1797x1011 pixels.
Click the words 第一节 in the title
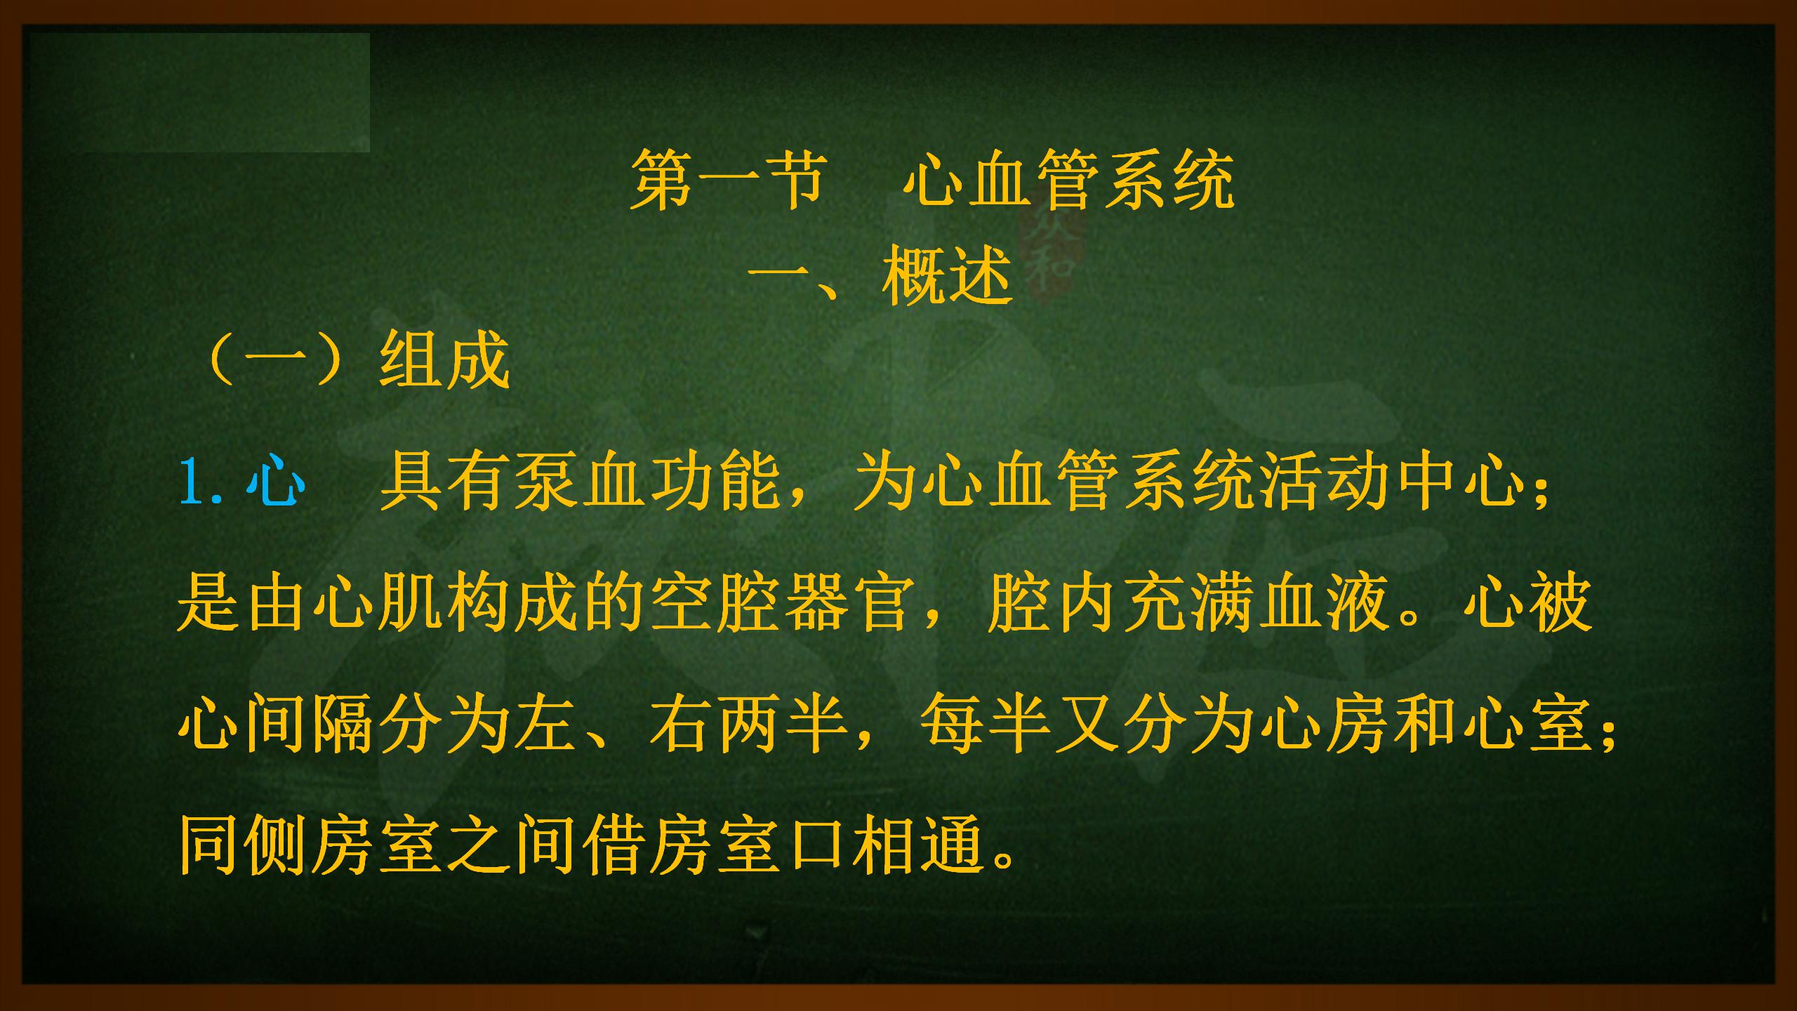pos(727,181)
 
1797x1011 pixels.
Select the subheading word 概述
pos(948,276)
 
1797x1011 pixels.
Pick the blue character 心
pos(275,482)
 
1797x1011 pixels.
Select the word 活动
pos(1326,482)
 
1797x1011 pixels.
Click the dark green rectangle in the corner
pos(199,93)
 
